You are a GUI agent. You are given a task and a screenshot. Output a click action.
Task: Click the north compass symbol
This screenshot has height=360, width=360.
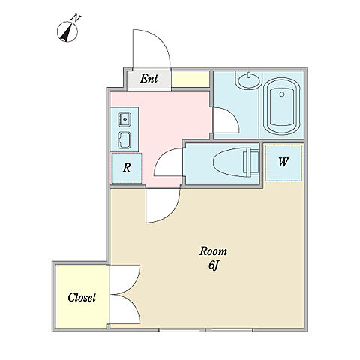point(67,32)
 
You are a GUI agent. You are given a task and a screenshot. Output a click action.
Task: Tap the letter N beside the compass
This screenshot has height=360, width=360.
point(76,18)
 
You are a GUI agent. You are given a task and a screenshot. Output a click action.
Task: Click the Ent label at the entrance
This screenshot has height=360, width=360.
point(148,79)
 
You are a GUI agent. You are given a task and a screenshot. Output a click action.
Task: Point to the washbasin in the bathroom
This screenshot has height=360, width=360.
point(248,80)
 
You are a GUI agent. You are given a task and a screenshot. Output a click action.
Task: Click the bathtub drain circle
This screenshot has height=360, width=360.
point(282,94)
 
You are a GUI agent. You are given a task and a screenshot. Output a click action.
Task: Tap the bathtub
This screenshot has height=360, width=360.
point(282,106)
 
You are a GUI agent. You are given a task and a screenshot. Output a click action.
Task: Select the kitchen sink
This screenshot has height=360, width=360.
point(124,119)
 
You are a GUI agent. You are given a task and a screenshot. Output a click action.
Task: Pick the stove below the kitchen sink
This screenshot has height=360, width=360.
point(124,139)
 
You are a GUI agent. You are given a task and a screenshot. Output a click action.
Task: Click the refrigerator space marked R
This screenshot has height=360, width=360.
point(127,168)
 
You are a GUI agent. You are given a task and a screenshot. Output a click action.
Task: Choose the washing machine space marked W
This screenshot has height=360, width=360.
point(283,163)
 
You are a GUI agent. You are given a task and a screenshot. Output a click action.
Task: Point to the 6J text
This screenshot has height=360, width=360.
point(213,265)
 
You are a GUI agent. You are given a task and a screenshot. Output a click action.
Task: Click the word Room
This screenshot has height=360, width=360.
point(213,251)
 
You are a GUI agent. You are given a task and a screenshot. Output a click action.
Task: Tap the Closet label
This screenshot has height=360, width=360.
point(82,297)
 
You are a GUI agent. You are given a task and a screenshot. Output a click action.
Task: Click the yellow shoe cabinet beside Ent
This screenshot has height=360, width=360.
point(190,79)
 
